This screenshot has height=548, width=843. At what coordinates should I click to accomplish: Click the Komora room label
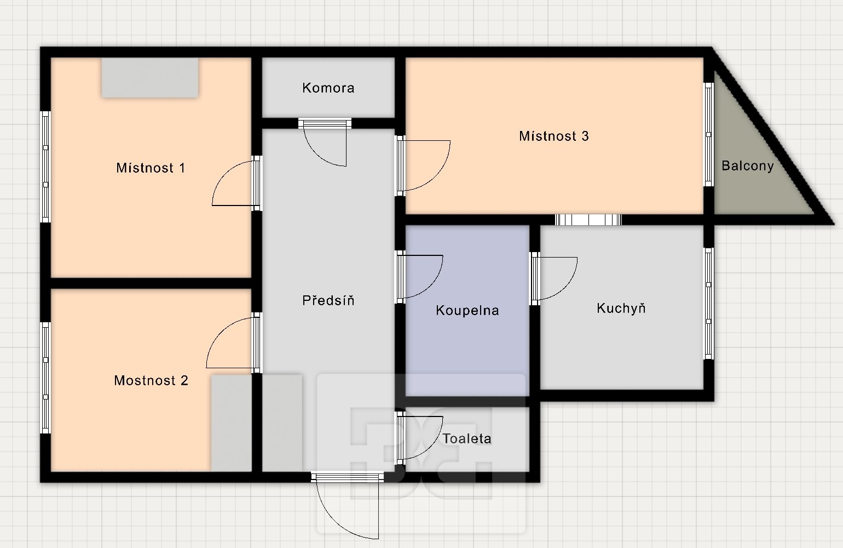click(x=328, y=88)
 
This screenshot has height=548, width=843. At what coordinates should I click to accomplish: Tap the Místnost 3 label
click(x=554, y=136)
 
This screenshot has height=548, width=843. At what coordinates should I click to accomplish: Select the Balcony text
click(x=747, y=165)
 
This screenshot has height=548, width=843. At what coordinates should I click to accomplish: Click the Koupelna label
click(x=467, y=310)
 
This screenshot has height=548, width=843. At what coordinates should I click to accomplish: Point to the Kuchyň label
click(x=621, y=308)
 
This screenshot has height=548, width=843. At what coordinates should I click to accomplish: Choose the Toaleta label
click(x=467, y=438)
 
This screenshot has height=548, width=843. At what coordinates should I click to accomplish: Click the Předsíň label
click(x=328, y=300)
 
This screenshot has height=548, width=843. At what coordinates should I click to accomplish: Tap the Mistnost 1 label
click(x=151, y=168)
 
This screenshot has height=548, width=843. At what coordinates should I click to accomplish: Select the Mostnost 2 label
click(x=151, y=380)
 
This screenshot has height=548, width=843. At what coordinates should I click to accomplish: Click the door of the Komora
click(x=325, y=142)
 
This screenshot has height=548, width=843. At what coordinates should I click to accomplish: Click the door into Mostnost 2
click(x=234, y=342)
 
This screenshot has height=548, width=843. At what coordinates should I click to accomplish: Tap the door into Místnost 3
click(x=423, y=165)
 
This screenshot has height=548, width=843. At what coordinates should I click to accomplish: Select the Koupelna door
click(x=419, y=277)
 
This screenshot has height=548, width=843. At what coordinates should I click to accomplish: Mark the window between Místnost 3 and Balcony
click(x=709, y=134)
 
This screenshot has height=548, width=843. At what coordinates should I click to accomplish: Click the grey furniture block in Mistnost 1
click(x=150, y=78)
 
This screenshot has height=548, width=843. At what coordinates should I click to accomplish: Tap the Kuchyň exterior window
click(x=709, y=304)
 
